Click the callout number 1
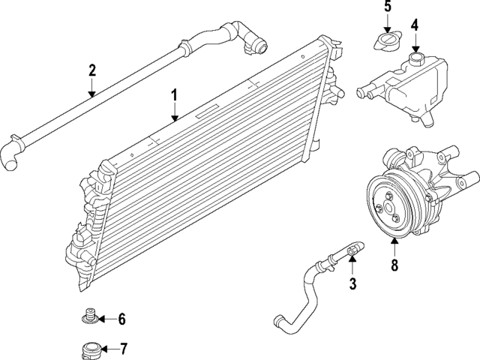click(x=173, y=96)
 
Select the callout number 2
click(x=91, y=71)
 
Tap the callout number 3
click(x=352, y=283)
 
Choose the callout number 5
click(x=388, y=7)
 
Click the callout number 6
click(x=121, y=319)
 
